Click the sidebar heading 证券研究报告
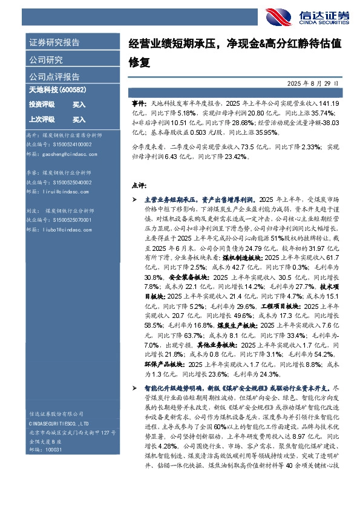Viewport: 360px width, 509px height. [54, 43]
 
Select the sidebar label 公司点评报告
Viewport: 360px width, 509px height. [54, 77]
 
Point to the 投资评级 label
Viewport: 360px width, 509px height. [42, 105]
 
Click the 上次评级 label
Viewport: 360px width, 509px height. [42, 120]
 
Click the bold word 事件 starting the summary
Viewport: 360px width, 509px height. [139, 104]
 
